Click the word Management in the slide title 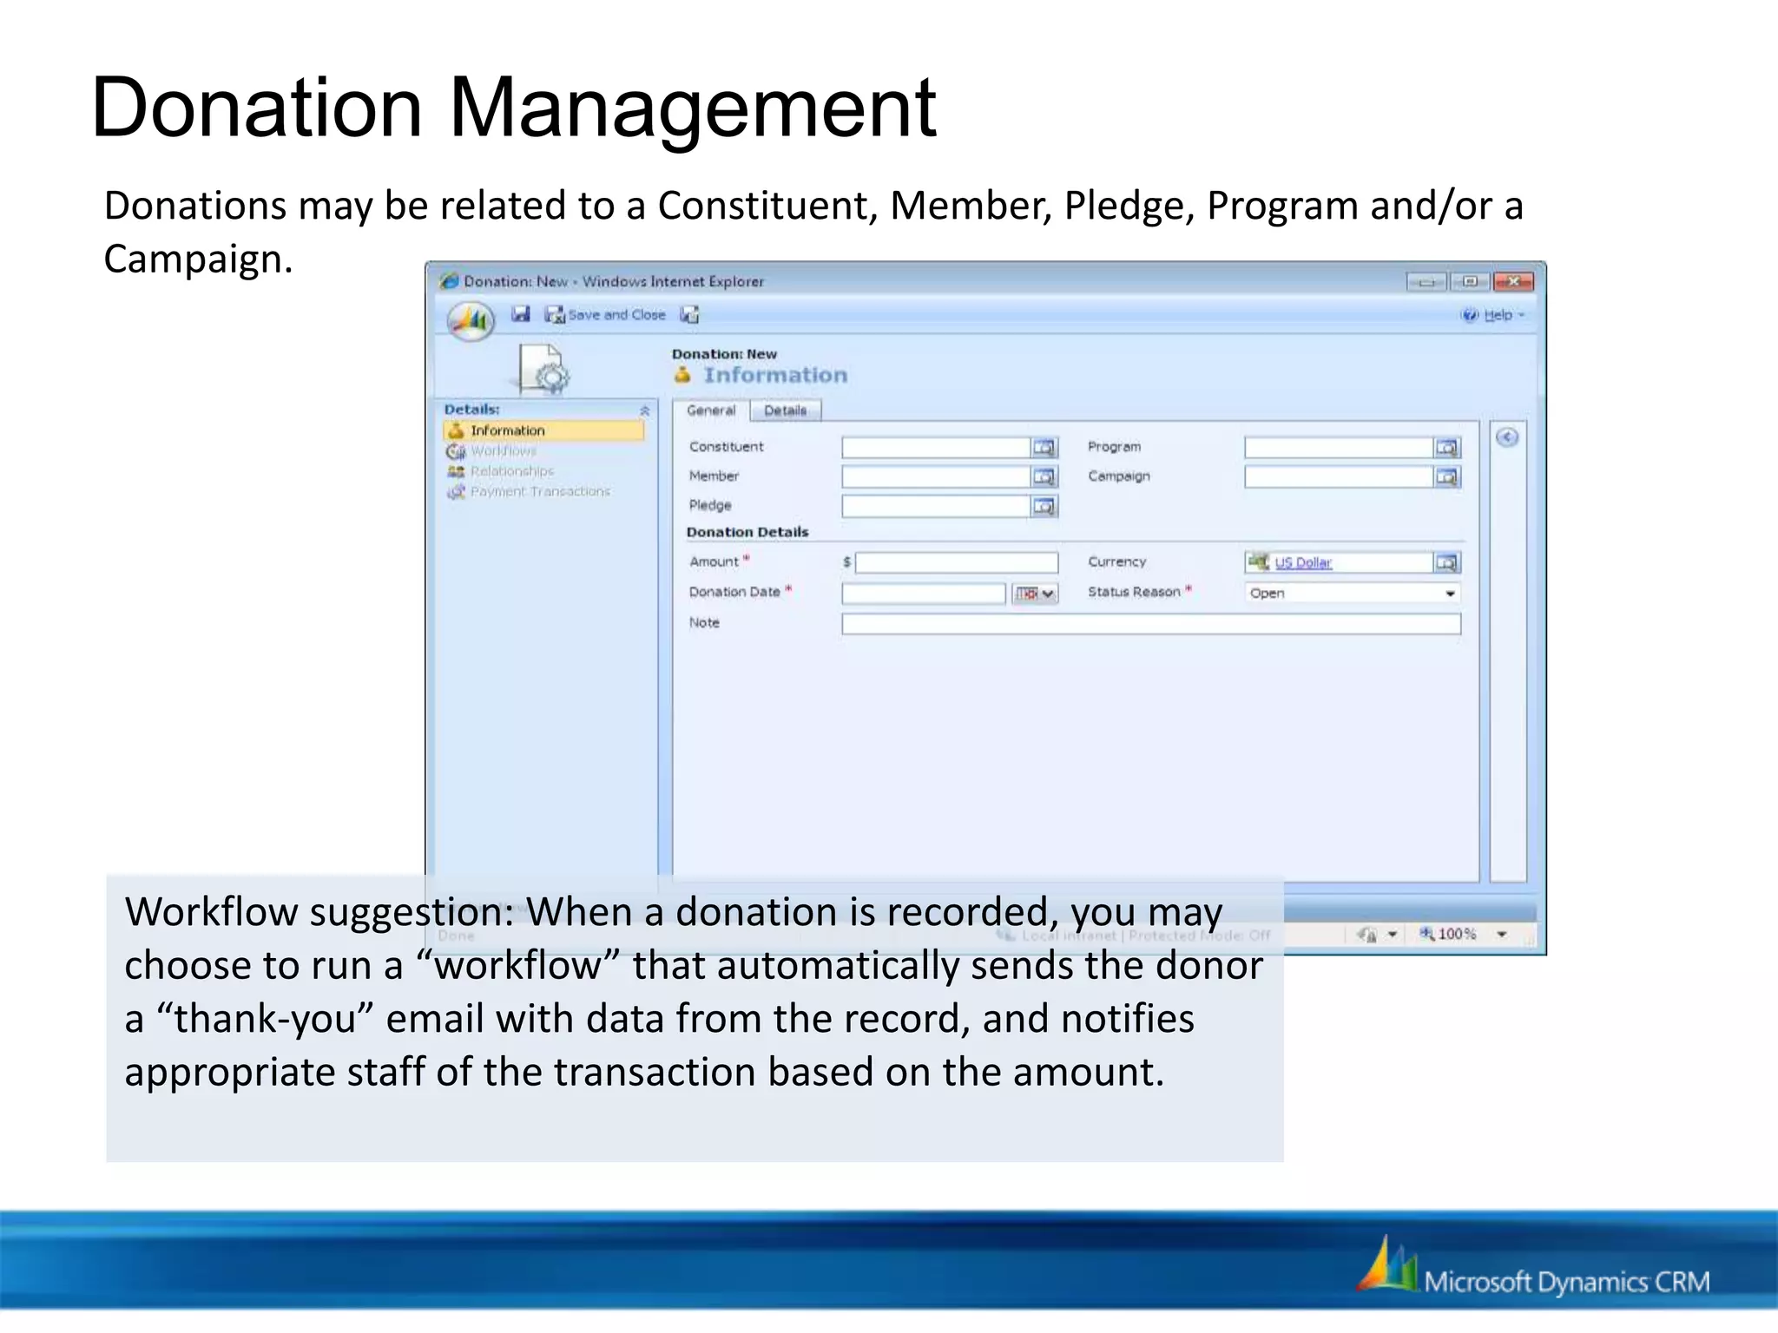click(692, 108)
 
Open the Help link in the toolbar click(1497, 315)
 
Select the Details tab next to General click(785, 410)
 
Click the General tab click(710, 410)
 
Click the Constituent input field click(935, 448)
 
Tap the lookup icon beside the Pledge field click(1044, 506)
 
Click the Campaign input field click(1337, 476)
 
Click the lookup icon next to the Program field click(1446, 448)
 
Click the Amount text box click(956, 563)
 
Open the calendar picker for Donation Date click(1035, 594)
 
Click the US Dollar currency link click(1302, 563)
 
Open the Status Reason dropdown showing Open click(1353, 594)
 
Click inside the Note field click(1150, 624)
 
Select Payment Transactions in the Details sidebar click(539, 491)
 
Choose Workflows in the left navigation click(503, 451)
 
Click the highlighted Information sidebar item click(508, 430)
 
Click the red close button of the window click(1513, 281)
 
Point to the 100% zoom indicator click(1456, 934)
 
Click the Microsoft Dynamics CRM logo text click(1565, 1282)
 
